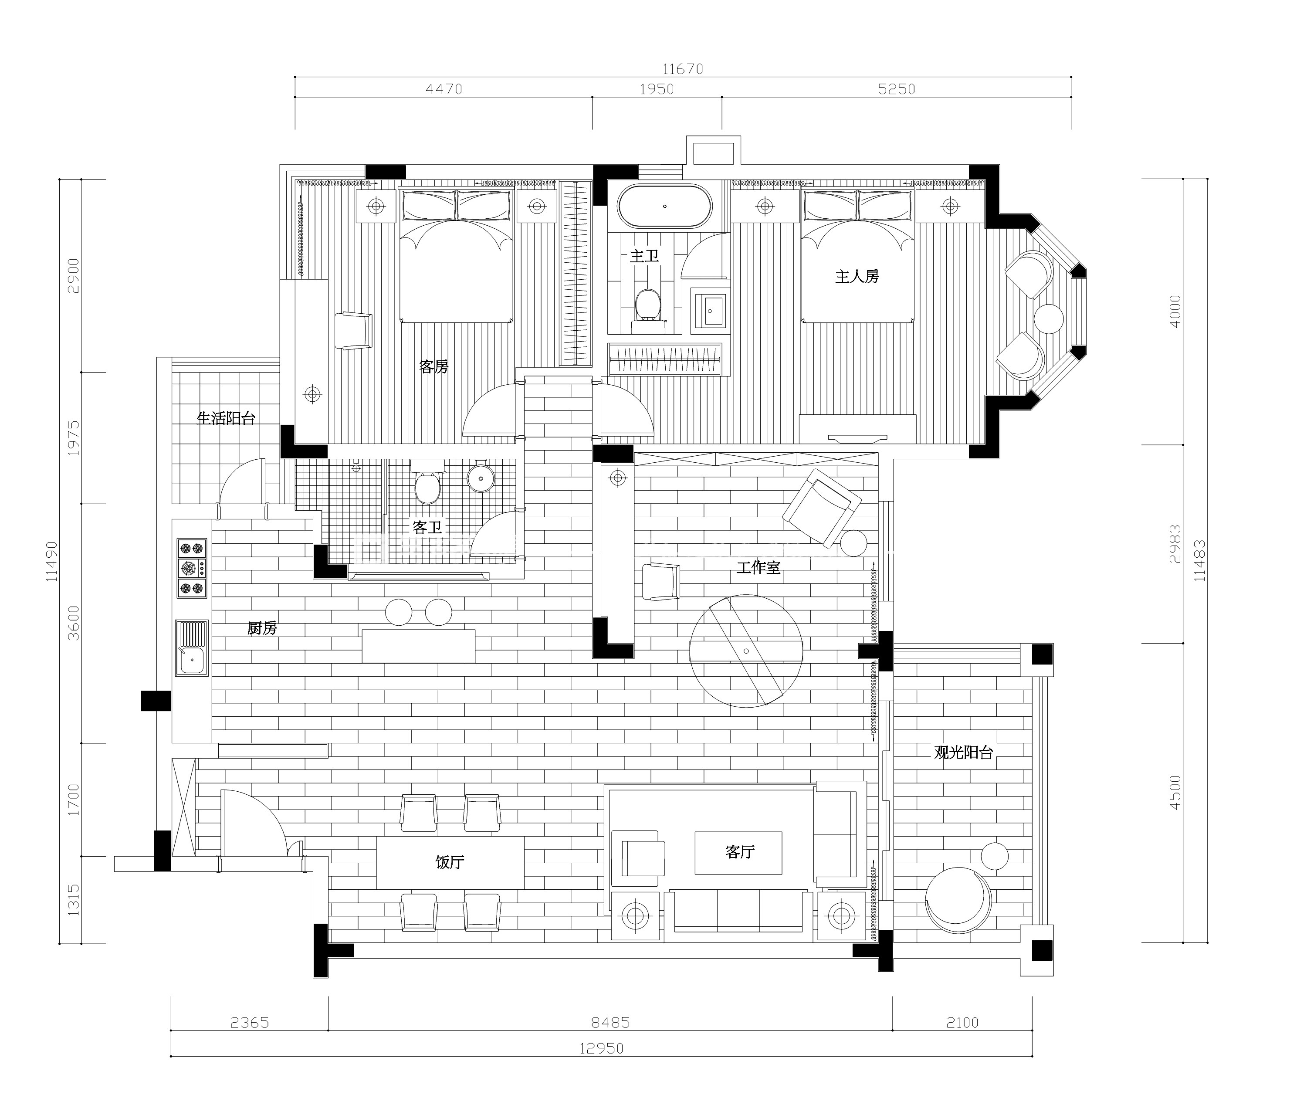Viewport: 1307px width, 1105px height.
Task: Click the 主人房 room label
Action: [x=857, y=276]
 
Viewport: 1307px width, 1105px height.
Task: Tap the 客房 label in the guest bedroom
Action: [x=434, y=366]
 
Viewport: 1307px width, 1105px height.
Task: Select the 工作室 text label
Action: [x=758, y=568]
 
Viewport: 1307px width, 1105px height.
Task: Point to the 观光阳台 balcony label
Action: [x=963, y=752]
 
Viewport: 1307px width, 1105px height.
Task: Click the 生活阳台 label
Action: [x=226, y=418]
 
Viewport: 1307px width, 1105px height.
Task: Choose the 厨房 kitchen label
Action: [x=262, y=628]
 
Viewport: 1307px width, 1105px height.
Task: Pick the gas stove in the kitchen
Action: [x=192, y=568]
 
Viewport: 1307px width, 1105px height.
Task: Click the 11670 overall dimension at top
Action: [x=683, y=69]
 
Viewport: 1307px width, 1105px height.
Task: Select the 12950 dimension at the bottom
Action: [x=601, y=1048]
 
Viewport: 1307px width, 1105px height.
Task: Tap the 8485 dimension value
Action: [x=611, y=1022]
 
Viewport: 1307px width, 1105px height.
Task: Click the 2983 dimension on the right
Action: [x=1175, y=544]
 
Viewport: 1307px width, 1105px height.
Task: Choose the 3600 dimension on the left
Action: [x=74, y=623]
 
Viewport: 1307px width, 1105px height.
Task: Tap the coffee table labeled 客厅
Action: [x=738, y=853]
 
